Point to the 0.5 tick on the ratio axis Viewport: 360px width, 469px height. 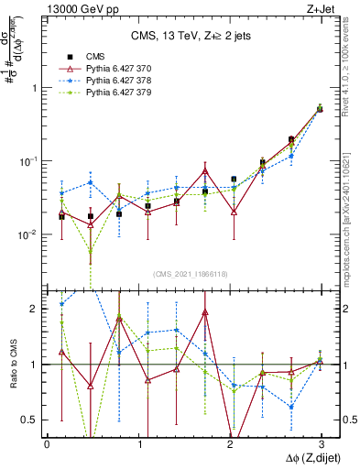pos(31,420)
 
